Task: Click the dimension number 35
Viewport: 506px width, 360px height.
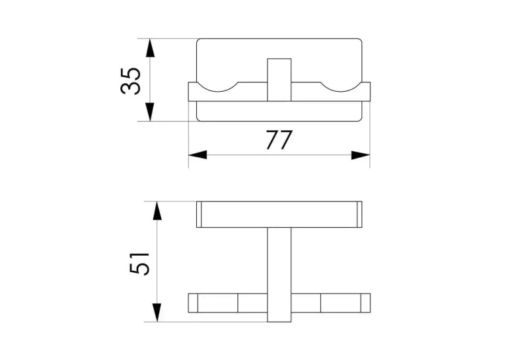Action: pyautogui.click(x=130, y=81)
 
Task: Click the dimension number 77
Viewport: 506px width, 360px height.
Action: pyautogui.click(x=279, y=139)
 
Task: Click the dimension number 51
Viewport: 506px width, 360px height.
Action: pyautogui.click(x=139, y=263)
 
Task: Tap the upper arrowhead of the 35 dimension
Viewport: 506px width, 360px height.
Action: pyautogui.click(x=150, y=48)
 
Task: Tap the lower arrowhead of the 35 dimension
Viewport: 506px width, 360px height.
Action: pyautogui.click(x=150, y=112)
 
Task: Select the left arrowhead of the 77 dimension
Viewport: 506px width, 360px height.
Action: pyautogui.click(x=198, y=155)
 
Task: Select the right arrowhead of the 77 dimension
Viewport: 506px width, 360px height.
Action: pyautogui.click(x=361, y=155)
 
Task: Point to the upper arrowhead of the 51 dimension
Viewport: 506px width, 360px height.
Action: pyautogui.click(x=157, y=211)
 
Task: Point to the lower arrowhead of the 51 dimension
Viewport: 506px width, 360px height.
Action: pyautogui.click(x=157, y=312)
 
